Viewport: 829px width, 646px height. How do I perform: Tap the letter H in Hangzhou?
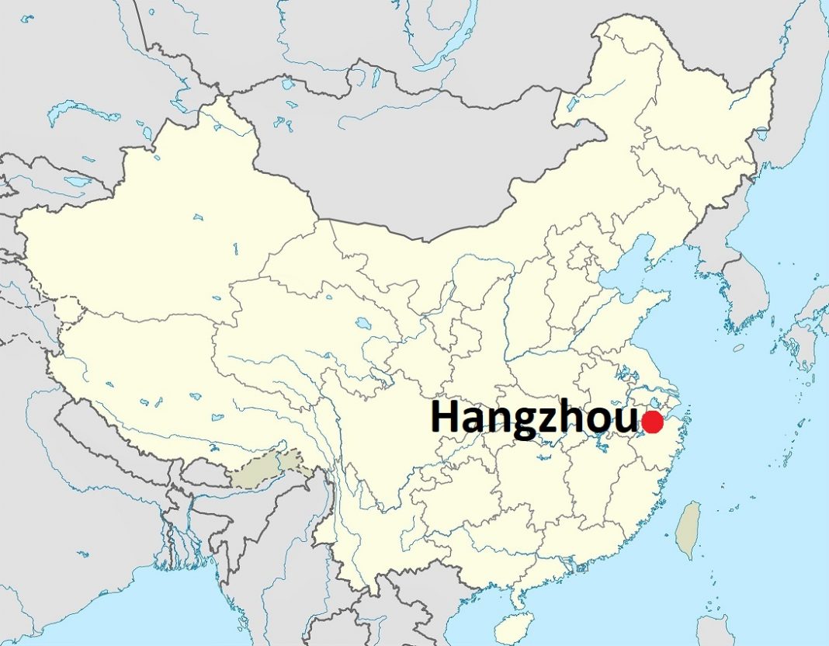coord(446,418)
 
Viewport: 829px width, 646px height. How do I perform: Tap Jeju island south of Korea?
coord(737,348)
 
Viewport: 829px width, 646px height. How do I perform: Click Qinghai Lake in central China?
coord(362,321)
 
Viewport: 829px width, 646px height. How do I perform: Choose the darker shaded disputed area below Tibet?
coord(268,468)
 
